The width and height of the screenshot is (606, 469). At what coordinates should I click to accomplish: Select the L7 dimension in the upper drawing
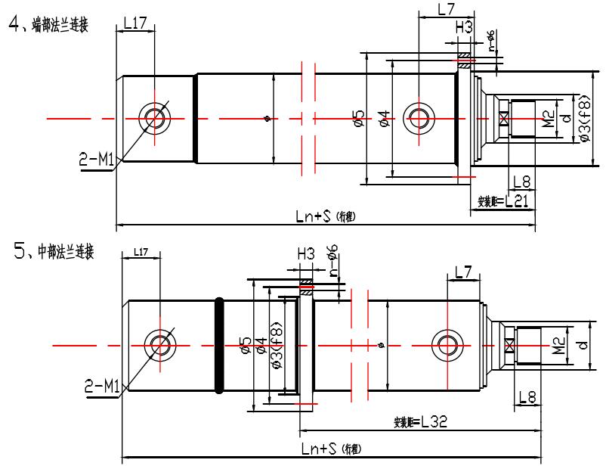[x=446, y=10]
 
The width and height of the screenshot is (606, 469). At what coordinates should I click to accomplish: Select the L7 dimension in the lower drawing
[x=463, y=270]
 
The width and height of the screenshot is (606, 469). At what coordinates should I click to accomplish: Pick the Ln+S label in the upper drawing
[x=326, y=216]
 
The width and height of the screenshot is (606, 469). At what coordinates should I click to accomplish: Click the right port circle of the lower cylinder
[x=447, y=346]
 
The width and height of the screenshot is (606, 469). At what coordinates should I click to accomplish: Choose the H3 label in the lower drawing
[x=305, y=254]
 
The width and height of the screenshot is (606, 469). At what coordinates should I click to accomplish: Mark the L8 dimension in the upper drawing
[x=522, y=182]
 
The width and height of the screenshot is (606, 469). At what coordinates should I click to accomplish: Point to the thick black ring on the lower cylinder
[x=220, y=345]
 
